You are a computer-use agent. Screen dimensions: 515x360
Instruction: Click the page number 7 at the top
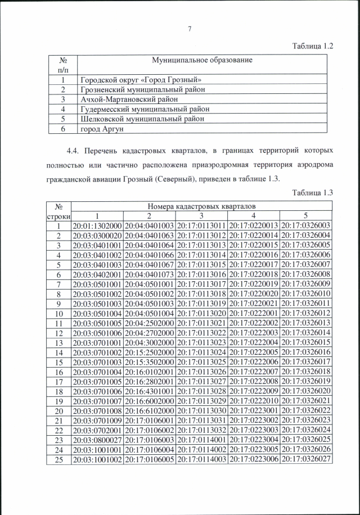pos(190,29)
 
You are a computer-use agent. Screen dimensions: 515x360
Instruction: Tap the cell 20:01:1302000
pos(97,225)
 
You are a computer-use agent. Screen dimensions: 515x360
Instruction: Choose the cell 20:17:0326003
pos(306,225)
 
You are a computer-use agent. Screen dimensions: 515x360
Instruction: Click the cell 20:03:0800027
pos(97,439)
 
